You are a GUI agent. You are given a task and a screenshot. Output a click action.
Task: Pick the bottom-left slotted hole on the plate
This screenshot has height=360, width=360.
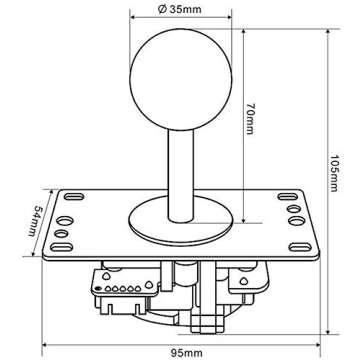[62, 241]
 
